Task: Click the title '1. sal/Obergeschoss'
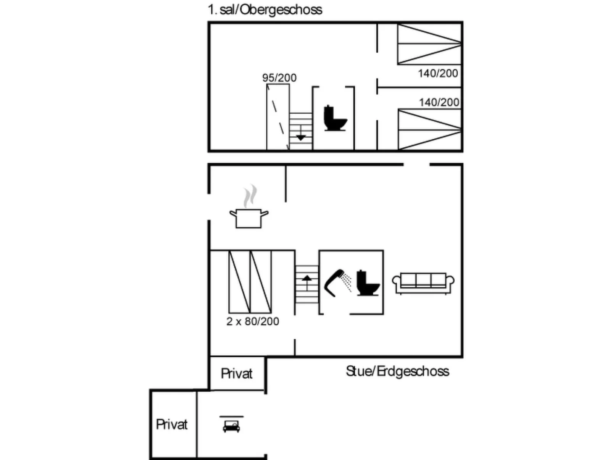265,10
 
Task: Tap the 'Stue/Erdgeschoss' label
397,371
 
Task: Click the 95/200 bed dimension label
279,78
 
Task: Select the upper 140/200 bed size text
438,73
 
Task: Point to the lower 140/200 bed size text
439,102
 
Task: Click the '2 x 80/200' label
252,321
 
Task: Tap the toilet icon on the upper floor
335,118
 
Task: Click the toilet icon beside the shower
368,283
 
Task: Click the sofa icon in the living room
423,283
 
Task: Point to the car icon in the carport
231,424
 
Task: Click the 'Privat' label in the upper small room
237,373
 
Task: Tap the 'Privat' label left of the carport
172,424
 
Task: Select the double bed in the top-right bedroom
429,44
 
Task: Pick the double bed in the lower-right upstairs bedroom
429,129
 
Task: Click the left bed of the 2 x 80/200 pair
239,282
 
